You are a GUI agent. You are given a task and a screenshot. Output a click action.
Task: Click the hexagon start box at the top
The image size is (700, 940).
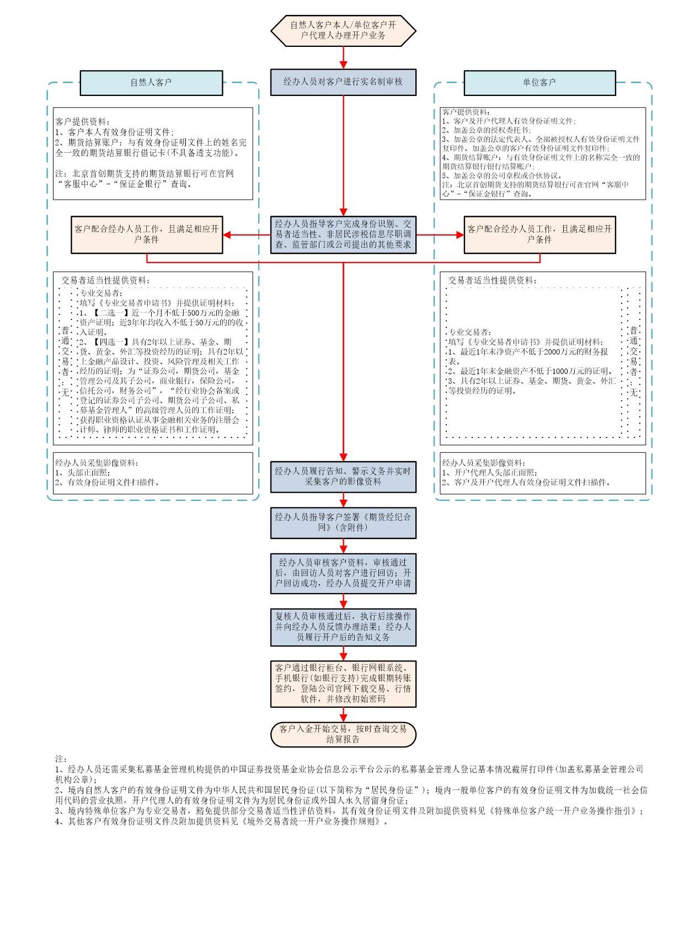pyautogui.click(x=343, y=30)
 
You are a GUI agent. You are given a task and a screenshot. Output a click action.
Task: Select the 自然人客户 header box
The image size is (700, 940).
pyautogui.click(x=151, y=83)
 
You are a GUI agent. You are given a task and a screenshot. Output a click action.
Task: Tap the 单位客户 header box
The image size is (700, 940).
pyautogui.click(x=539, y=83)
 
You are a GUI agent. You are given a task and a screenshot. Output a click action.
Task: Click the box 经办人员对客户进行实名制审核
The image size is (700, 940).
pyautogui.click(x=343, y=82)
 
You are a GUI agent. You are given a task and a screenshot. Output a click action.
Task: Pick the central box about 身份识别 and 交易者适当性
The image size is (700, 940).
pyautogui.click(x=343, y=234)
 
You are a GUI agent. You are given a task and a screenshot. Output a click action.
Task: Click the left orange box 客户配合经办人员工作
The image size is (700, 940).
pyautogui.click(x=146, y=234)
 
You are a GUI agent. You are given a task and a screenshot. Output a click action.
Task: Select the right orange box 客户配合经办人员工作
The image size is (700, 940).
pyautogui.click(x=539, y=234)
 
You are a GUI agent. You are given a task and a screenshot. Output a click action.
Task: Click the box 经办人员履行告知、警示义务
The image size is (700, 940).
pyautogui.click(x=343, y=477)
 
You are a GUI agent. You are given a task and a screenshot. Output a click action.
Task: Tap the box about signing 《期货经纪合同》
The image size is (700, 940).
pyautogui.click(x=343, y=522)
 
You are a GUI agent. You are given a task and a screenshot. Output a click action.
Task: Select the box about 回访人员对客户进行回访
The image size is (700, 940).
pyautogui.click(x=343, y=573)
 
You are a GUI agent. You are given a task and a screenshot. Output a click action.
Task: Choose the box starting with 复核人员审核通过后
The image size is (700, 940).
pyautogui.click(x=343, y=627)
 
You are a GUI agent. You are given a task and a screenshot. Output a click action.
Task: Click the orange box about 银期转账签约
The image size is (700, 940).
pyautogui.click(x=343, y=683)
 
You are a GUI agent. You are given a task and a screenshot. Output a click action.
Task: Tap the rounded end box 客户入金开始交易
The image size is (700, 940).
pyautogui.click(x=343, y=734)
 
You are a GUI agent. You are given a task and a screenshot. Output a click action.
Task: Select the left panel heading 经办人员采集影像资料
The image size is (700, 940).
pyautogui.click(x=97, y=463)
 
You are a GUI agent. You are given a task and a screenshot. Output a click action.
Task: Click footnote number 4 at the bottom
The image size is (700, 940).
pyautogui.click(x=58, y=821)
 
